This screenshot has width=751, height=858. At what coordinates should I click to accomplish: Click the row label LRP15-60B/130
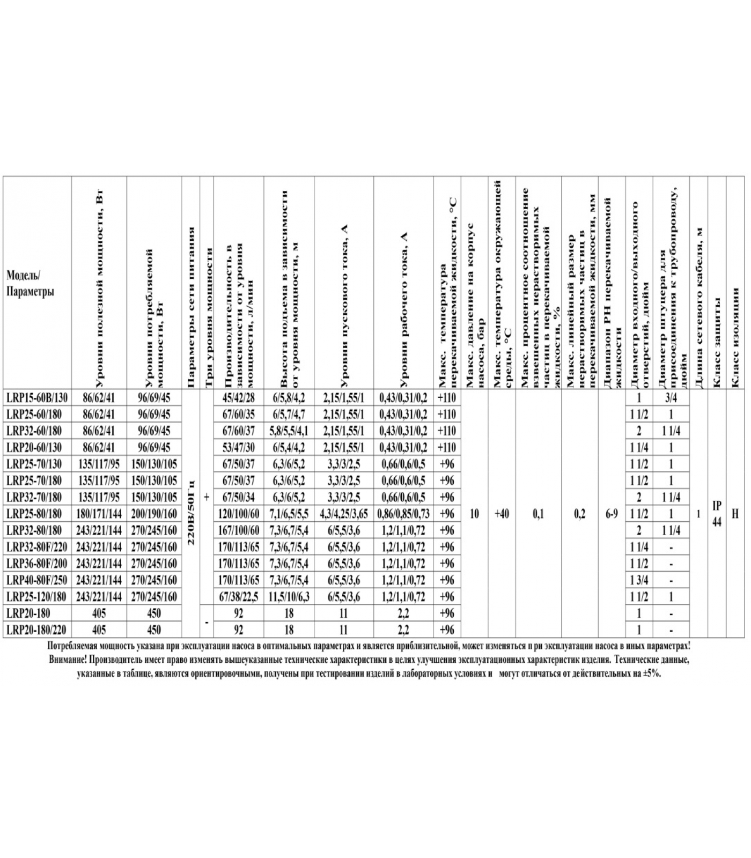click(37, 397)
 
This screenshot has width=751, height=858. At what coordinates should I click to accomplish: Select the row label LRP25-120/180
click(37, 597)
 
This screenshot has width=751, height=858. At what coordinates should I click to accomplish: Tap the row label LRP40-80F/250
click(37, 580)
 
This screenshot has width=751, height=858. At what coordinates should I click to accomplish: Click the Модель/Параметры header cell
click(31, 284)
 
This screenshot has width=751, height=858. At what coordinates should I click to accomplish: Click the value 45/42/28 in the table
click(239, 397)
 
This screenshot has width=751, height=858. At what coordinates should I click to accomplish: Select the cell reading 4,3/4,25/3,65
click(344, 514)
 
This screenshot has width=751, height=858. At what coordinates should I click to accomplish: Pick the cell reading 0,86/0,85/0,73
click(403, 514)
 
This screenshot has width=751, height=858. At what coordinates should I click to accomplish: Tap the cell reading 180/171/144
click(99, 514)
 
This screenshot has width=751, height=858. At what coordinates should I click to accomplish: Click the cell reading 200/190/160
click(154, 514)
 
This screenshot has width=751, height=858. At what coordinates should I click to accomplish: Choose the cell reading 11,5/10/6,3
click(289, 597)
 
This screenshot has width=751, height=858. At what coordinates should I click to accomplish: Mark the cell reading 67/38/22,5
click(239, 597)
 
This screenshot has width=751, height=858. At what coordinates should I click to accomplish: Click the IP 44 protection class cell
click(717, 513)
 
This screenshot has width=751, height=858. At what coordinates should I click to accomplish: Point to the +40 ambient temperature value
click(502, 514)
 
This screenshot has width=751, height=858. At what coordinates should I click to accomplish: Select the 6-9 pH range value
click(612, 514)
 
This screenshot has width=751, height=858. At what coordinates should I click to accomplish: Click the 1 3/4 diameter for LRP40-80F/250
click(639, 580)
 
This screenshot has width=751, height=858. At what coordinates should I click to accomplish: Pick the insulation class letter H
click(735, 514)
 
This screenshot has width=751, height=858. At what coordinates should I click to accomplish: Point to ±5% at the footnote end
click(651, 673)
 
